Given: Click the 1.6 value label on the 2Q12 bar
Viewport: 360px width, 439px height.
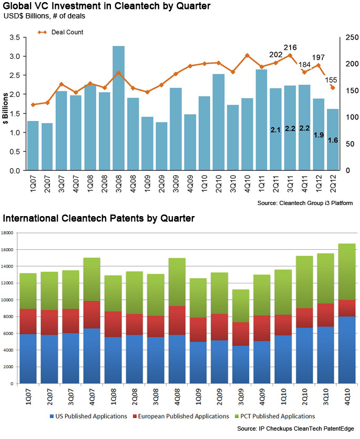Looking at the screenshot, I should click(333, 140).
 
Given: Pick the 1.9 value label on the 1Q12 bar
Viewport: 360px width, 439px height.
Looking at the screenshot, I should click(318, 135).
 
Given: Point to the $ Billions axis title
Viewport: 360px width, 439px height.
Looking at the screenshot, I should click(6, 108).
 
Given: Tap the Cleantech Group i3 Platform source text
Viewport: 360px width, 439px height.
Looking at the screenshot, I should click(305, 202).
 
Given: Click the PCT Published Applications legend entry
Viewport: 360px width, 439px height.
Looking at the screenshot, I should click(276, 416).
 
